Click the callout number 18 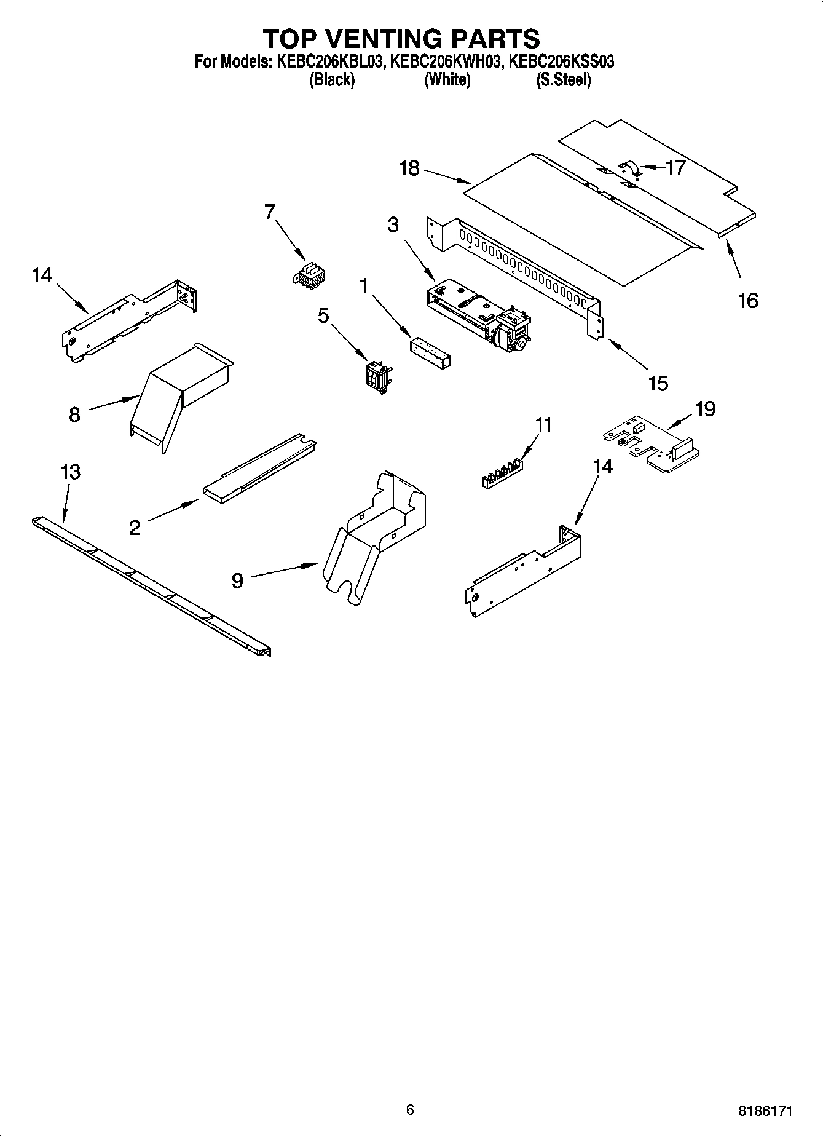[409, 168]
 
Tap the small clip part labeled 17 [628, 168]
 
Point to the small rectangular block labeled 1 [430, 351]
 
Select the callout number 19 [705, 408]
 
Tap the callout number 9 [237, 580]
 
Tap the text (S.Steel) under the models [563, 79]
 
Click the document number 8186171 [765, 1111]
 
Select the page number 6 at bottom [410, 1109]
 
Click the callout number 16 [748, 301]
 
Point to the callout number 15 [658, 383]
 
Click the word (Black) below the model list [332, 79]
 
